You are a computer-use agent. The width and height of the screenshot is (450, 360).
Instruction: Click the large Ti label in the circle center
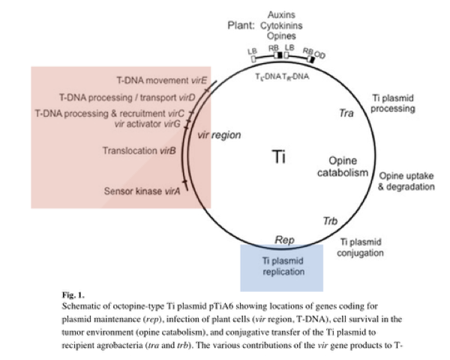pyautogui.click(x=279, y=157)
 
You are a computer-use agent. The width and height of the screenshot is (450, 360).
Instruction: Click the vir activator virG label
pyautogui.click(x=149, y=124)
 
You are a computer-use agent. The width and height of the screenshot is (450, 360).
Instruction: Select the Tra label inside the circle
pyautogui.click(x=346, y=113)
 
